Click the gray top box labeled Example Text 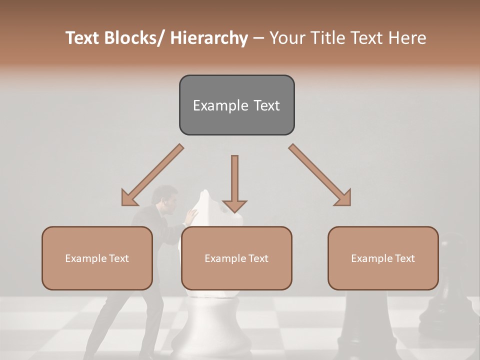click(x=236, y=105)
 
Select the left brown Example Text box click(x=97, y=258)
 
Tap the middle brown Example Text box click(x=236, y=258)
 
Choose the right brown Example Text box click(x=383, y=258)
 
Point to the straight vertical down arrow click(x=234, y=182)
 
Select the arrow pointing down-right click(x=320, y=175)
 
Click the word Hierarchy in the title click(x=209, y=38)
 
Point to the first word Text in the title click(x=84, y=38)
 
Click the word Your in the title click(x=286, y=38)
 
